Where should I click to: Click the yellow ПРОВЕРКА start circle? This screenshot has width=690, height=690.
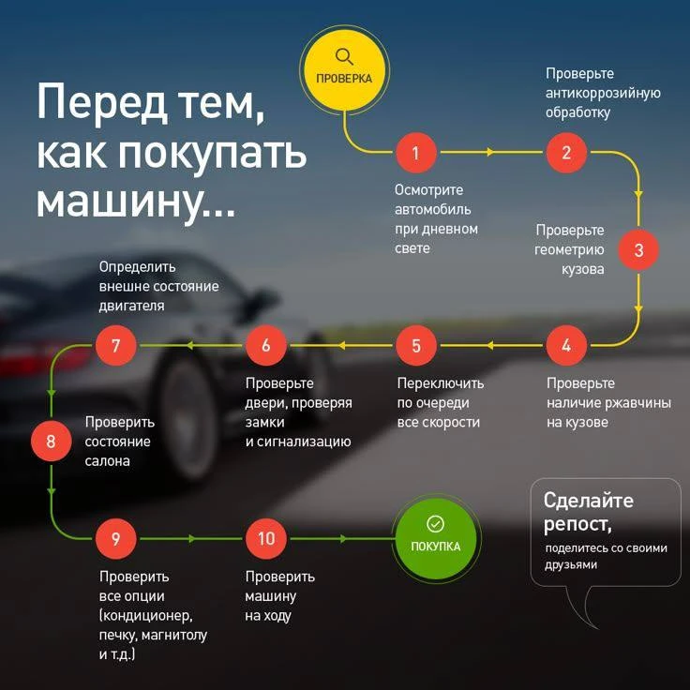[344, 70]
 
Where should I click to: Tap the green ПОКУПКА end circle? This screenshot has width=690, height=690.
[436, 539]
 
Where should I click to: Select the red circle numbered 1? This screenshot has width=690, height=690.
[416, 153]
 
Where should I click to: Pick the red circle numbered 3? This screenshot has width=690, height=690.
[638, 249]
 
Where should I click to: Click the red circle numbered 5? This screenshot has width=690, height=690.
[416, 345]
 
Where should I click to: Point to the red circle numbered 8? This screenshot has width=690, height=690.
[51, 441]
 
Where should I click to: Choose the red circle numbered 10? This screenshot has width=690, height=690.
[266, 538]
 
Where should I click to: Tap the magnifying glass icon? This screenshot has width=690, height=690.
[344, 57]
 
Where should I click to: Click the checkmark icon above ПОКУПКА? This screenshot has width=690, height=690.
[435, 524]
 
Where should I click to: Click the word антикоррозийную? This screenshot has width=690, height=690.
[603, 94]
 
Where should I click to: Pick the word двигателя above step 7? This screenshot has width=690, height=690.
[131, 306]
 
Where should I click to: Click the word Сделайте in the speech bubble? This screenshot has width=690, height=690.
[589, 501]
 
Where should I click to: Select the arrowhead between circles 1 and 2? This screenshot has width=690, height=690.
[490, 152]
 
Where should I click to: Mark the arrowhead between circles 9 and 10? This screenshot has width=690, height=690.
[192, 539]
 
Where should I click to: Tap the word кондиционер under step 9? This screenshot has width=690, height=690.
[146, 615]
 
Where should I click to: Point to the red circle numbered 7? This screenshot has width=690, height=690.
[115, 345]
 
